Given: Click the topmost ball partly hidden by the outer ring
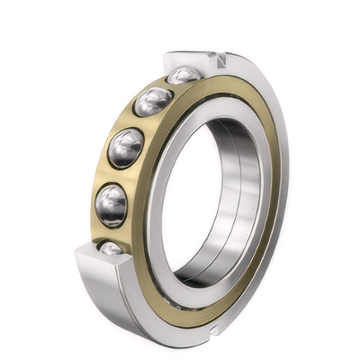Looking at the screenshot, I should (184, 76).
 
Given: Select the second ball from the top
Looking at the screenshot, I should (152, 101).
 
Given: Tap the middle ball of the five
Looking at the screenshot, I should (126, 147).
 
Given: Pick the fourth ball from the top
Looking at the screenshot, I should (112, 204).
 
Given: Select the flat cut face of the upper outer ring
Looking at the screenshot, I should (184, 60).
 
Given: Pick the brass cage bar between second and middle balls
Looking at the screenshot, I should (138, 123).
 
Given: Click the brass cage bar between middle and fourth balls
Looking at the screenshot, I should (116, 176).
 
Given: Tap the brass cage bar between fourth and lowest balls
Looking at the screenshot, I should (108, 229).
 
